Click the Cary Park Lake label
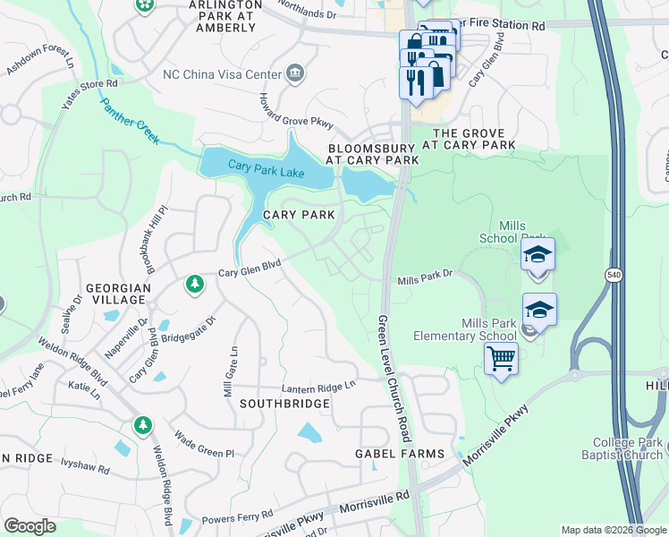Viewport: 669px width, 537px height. [x=267, y=167]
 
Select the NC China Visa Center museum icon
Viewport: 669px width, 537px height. [x=294, y=73]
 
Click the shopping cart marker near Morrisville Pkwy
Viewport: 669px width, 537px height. [x=501, y=359]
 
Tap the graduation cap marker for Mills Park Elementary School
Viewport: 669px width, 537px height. [x=539, y=310]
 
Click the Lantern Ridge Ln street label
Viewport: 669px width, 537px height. [x=318, y=386]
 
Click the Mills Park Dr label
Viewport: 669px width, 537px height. [x=426, y=280]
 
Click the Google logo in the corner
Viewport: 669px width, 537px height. [x=30, y=526]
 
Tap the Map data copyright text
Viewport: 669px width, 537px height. [x=613, y=530]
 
